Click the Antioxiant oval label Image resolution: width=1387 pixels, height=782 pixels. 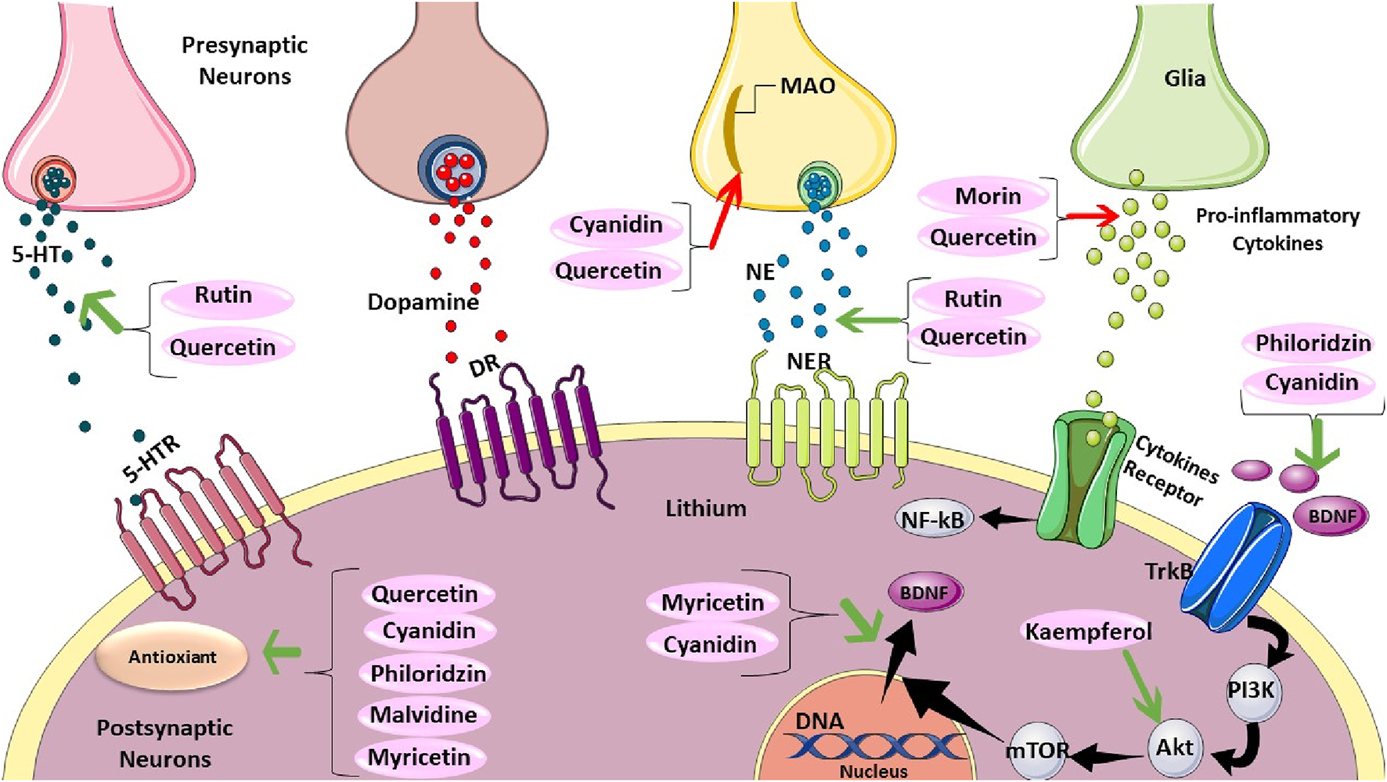tap(171, 658)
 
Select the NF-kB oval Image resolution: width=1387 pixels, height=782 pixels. tap(932, 520)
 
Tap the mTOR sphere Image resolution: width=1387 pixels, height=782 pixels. tap(1036, 751)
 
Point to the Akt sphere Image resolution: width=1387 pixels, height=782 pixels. tap(1174, 748)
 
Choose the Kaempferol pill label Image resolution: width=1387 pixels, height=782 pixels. tap(1088, 632)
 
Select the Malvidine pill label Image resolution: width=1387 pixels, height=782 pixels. tap(423, 715)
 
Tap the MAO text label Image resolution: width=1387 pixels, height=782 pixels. tap(807, 85)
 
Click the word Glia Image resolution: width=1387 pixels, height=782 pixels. tap(1183, 78)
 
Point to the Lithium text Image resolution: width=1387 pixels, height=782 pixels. tap(705, 509)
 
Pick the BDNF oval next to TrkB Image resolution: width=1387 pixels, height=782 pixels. tap(1331, 516)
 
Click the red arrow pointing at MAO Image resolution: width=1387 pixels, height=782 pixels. tap(725, 212)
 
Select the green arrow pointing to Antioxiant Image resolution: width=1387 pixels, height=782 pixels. tap(280, 654)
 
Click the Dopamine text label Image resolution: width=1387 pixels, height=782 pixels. tap(423, 302)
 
